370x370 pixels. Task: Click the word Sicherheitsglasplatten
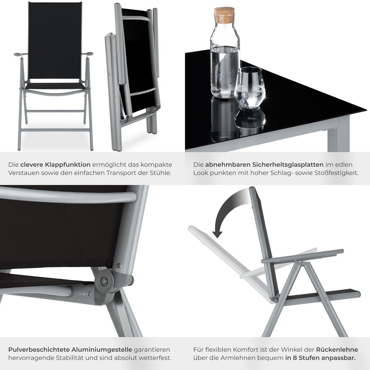264,165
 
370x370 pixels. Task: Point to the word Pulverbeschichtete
39,350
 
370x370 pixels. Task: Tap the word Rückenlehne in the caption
337,350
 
